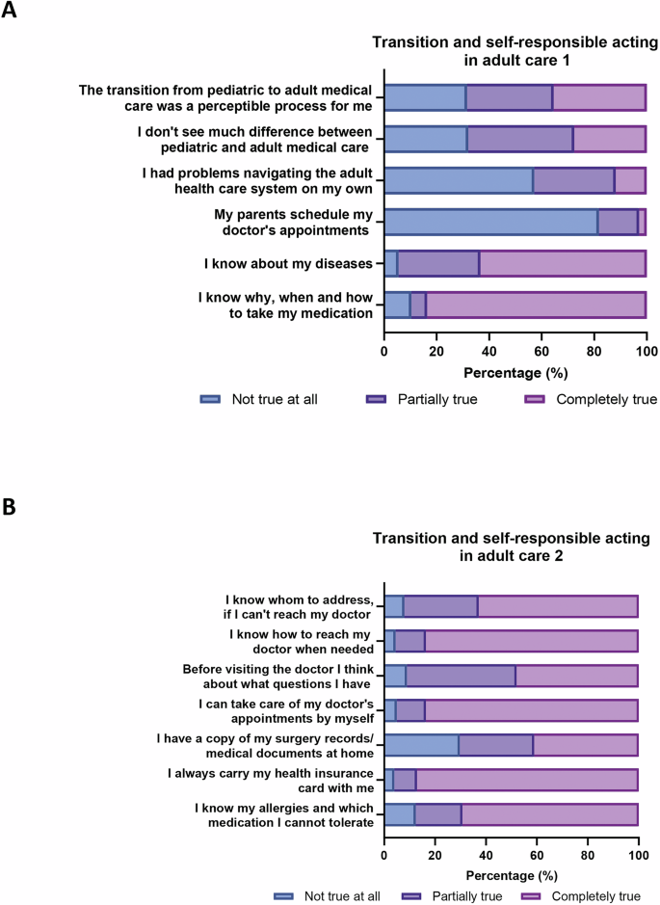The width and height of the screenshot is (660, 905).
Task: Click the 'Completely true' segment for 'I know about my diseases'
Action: (562, 263)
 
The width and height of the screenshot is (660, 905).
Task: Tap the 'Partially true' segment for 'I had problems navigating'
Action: (573, 180)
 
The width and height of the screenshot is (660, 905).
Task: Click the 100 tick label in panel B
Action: (637, 855)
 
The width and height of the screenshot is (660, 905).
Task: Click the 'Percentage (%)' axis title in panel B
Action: (511, 876)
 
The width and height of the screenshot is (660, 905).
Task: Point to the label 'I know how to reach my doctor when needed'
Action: (301, 641)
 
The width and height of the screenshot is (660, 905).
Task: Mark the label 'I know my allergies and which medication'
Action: (283, 814)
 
